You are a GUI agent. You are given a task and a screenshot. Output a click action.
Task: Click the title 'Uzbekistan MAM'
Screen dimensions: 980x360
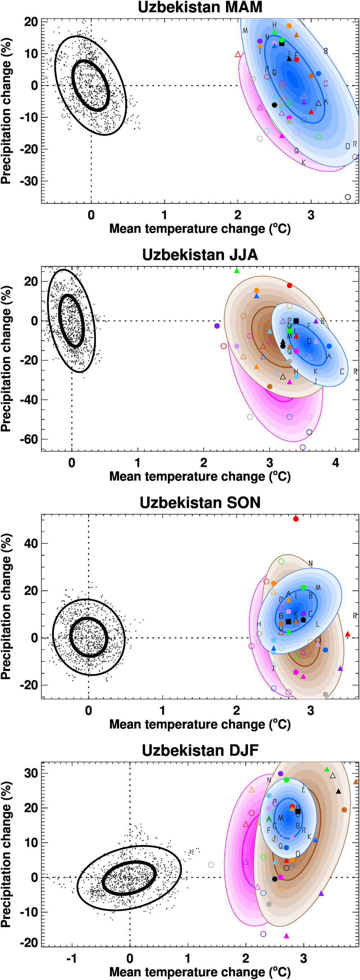[x=200, y=7]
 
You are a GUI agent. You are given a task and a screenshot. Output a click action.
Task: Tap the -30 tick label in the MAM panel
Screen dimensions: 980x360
[x=29, y=181]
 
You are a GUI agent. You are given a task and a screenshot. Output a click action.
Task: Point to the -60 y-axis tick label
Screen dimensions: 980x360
[x=29, y=439]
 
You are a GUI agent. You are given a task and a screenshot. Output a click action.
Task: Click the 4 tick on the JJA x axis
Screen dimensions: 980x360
[x=336, y=463]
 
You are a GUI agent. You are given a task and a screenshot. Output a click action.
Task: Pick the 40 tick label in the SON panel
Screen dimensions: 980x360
[x=31, y=544]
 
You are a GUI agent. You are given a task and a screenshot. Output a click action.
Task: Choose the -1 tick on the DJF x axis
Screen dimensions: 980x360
[x=72, y=958]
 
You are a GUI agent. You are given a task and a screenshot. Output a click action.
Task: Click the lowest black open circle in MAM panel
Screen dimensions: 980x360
[x=347, y=197]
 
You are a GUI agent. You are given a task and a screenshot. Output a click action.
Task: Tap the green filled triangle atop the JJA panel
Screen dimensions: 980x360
[x=237, y=271]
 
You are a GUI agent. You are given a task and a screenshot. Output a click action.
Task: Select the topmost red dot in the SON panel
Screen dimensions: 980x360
[x=296, y=519]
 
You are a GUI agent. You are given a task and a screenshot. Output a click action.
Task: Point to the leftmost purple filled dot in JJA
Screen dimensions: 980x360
[x=217, y=326]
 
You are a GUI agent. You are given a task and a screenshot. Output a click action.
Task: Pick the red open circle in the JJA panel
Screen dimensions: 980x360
[x=224, y=346]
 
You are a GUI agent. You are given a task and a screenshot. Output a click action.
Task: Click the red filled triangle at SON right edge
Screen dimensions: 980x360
[x=347, y=634]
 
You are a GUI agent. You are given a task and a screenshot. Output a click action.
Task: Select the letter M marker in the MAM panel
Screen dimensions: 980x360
[x=245, y=31]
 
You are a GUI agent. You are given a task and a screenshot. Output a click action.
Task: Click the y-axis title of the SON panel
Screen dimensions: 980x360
[x=6, y=606]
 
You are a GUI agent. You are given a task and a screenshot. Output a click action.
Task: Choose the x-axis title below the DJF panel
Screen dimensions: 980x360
[x=200, y=972]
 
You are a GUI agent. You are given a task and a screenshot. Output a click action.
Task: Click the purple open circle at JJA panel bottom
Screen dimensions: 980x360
[x=302, y=447]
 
